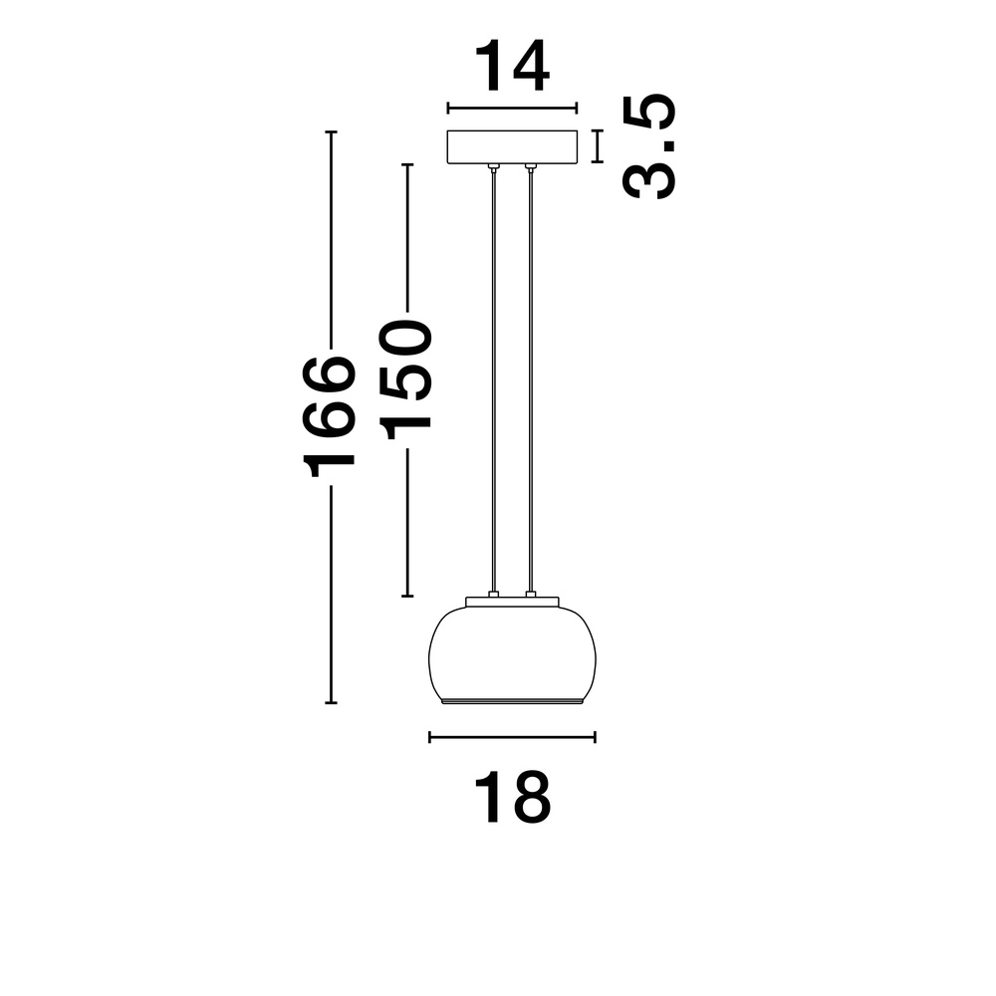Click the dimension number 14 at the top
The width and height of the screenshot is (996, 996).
pyautogui.click(x=511, y=67)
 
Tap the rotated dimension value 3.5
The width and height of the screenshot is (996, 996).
pyautogui.click(x=649, y=147)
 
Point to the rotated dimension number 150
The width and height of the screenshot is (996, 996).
pyautogui.click(x=407, y=379)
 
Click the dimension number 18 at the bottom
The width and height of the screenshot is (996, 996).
pyautogui.click(x=511, y=797)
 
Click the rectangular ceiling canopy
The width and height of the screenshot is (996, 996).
pyautogui.click(x=512, y=147)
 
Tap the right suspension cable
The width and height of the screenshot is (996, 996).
pyautogui.click(x=531, y=378)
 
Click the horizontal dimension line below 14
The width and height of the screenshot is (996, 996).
pyautogui.click(x=512, y=109)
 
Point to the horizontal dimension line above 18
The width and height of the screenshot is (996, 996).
pyautogui.click(x=512, y=737)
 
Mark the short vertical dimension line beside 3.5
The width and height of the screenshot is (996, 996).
pyautogui.click(x=598, y=146)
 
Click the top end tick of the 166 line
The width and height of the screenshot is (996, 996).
pyautogui.click(x=332, y=131)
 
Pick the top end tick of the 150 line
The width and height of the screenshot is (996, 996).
pyautogui.click(x=406, y=164)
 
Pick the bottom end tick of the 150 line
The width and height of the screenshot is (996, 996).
pyautogui.click(x=406, y=597)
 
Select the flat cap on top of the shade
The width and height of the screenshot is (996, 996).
pyautogui.click(x=512, y=602)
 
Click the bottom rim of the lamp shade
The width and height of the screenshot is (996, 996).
pyautogui.click(x=512, y=702)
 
